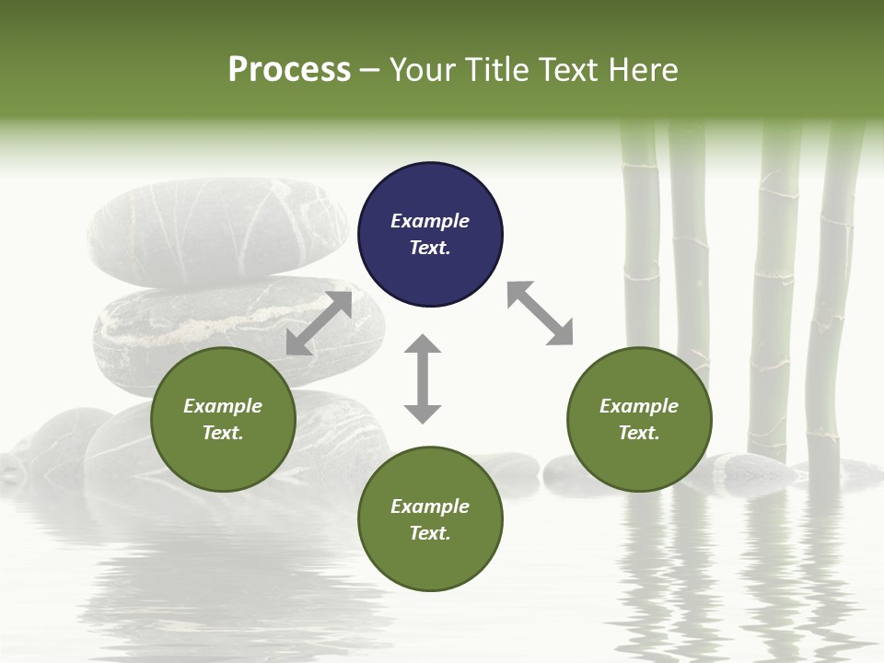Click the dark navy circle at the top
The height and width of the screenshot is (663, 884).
click(430, 235)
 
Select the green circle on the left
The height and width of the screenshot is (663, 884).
click(223, 419)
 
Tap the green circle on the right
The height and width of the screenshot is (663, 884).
click(639, 419)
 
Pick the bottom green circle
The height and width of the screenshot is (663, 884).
click(430, 519)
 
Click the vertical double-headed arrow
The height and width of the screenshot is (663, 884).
click(423, 378)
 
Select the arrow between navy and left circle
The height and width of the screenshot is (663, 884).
click(319, 323)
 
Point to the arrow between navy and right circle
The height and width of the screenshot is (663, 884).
click(540, 313)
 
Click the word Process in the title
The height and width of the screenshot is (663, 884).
click(289, 70)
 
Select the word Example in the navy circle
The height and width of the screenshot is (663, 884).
click(430, 221)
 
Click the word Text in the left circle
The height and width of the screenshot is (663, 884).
click(223, 433)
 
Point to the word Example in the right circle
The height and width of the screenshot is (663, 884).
click(639, 406)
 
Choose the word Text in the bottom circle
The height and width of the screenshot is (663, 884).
click(430, 533)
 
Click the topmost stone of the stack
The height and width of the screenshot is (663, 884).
click(216, 230)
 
